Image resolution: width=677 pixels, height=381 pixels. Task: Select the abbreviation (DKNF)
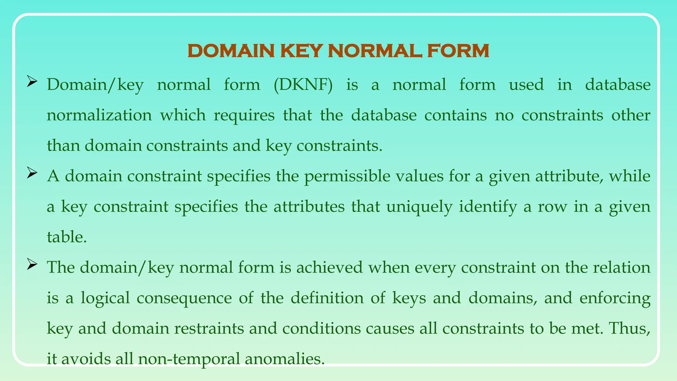[303, 85]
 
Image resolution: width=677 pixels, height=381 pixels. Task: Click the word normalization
[99, 115]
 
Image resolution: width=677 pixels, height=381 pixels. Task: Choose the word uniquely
[419, 207]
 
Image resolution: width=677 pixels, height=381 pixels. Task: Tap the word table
[67, 237]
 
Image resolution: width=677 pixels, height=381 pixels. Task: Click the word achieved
[329, 267]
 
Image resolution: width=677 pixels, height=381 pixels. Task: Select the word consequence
[184, 298]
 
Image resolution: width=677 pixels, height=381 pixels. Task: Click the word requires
[244, 115]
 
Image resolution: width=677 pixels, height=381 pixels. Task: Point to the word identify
[488, 207]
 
